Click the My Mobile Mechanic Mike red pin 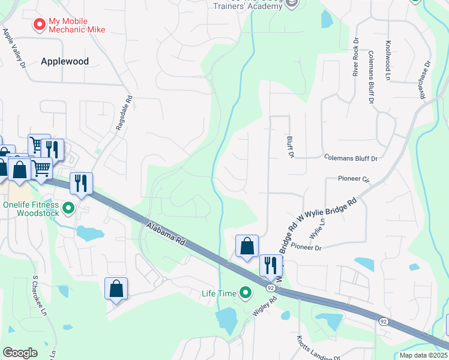click(x=40, y=25)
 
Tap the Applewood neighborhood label click(x=65, y=61)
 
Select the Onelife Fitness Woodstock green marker click(x=68, y=208)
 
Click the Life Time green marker click(x=245, y=293)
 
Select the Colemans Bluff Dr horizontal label click(x=349, y=159)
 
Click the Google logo click(x=20, y=353)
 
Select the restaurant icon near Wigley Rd click(x=271, y=265)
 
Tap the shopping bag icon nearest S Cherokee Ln click(x=116, y=289)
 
